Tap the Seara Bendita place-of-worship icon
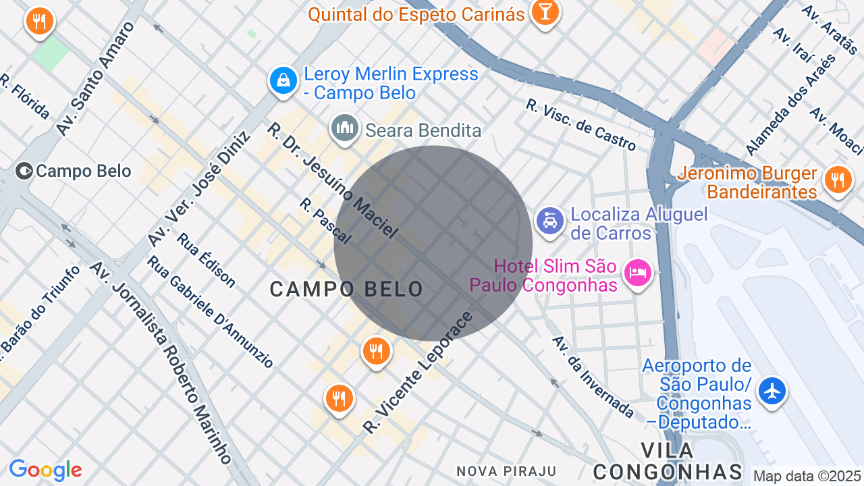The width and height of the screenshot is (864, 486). [x=345, y=128]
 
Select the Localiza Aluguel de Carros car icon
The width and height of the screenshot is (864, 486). [x=550, y=221]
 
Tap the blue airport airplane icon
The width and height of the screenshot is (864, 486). [x=772, y=391]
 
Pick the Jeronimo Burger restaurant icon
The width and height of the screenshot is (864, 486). [x=838, y=180]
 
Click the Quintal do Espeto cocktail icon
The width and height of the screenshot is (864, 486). [x=544, y=12]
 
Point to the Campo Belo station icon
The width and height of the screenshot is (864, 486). [x=24, y=171]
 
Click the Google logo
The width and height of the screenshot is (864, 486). [x=45, y=470]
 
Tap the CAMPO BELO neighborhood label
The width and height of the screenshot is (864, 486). [x=346, y=290]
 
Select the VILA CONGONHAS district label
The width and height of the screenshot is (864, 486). [x=668, y=461]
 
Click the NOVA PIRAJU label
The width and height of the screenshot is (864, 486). [x=506, y=471]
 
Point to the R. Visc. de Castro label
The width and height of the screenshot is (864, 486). [x=580, y=126]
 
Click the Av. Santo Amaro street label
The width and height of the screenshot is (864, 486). [x=95, y=78]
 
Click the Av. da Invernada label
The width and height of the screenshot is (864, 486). [x=593, y=377]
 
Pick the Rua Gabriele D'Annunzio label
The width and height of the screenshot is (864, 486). [x=210, y=312]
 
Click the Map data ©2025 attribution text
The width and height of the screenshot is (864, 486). [x=807, y=477]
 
